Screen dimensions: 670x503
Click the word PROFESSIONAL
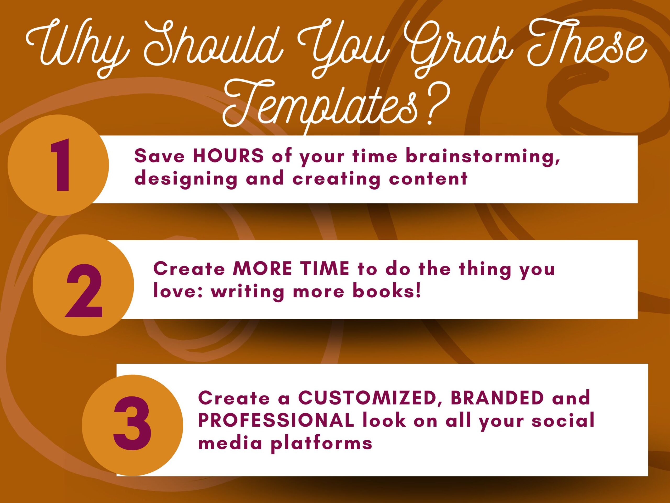(276, 420)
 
